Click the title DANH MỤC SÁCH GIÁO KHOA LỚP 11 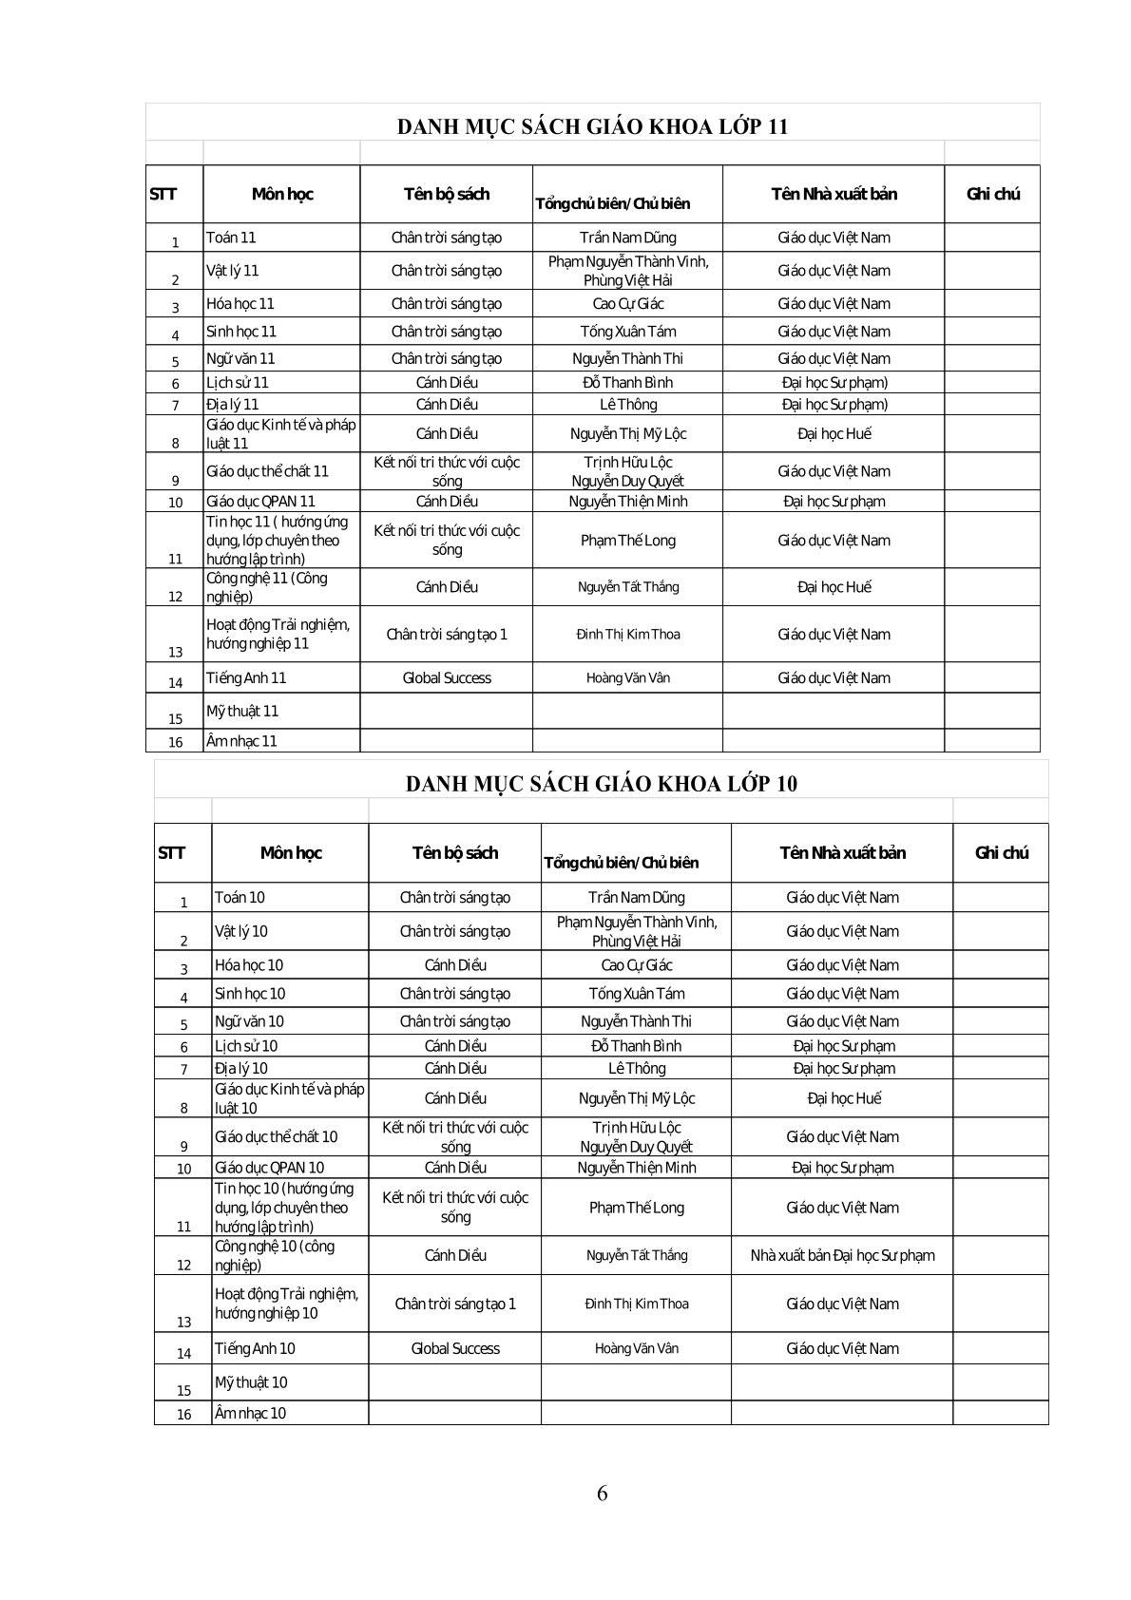tap(592, 126)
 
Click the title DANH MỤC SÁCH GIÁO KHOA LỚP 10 tap(602, 784)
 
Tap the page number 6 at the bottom tap(603, 1492)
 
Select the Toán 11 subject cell tap(231, 238)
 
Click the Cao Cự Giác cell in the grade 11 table tap(627, 304)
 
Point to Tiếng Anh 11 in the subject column tap(246, 678)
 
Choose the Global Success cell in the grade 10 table tap(454, 1348)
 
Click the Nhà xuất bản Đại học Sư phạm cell tap(842, 1255)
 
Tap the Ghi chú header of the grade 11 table tap(992, 194)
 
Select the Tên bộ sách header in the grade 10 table tap(454, 853)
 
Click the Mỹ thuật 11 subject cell tap(242, 712)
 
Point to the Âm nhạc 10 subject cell tap(251, 1413)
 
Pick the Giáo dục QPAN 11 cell tap(260, 502)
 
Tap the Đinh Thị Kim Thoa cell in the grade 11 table tap(627, 635)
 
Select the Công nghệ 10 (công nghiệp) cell tap(275, 1255)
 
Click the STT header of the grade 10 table tap(172, 853)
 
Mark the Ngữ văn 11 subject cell tap(240, 359)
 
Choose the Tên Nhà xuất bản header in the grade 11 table tap(834, 194)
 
